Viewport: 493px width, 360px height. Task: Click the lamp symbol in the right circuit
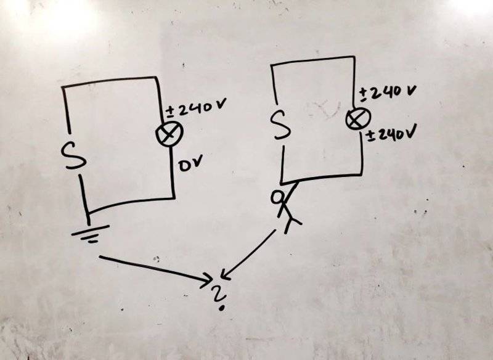pyautogui.click(x=354, y=119)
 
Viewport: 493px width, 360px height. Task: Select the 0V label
pyautogui.click(x=191, y=166)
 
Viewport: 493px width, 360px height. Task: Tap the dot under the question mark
pyautogui.click(x=220, y=305)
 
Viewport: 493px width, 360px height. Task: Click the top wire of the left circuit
pyautogui.click(x=111, y=82)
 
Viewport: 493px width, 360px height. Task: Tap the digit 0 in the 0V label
pyautogui.click(x=184, y=166)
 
